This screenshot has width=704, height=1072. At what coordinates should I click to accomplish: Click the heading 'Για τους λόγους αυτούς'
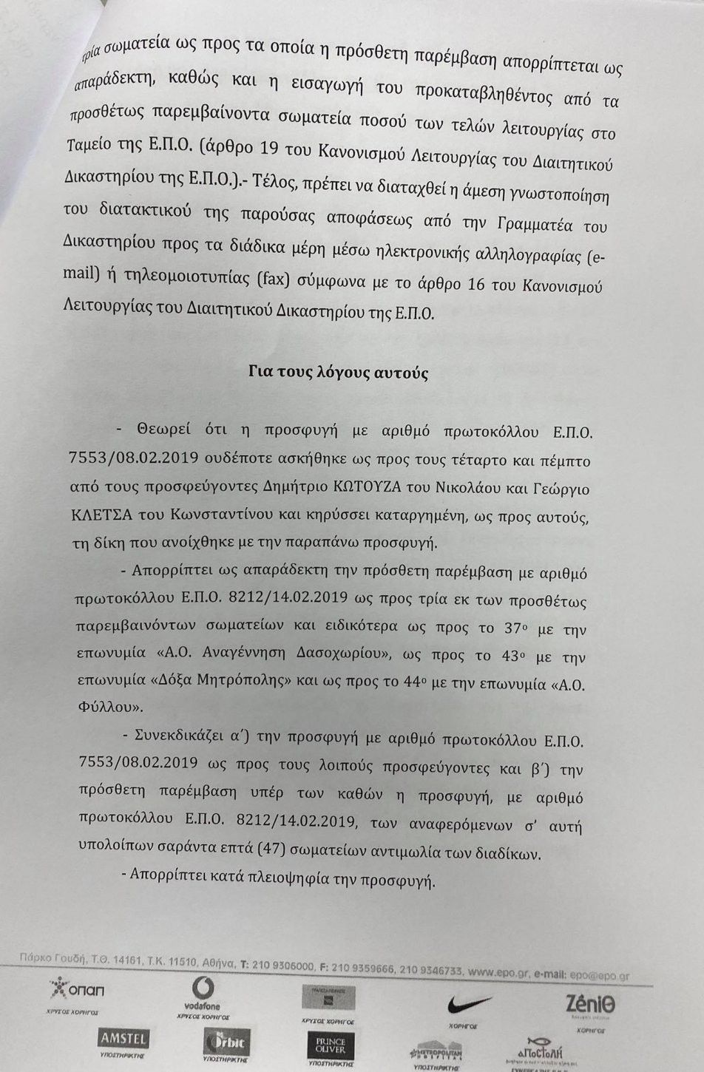pyautogui.click(x=338, y=373)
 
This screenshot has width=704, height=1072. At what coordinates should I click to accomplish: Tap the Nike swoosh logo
pyautogui.click(x=468, y=1004)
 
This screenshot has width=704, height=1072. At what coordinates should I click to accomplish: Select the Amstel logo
pyautogui.click(x=123, y=1038)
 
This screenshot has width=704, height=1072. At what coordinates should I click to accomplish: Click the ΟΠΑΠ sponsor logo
pyautogui.click(x=76, y=988)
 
